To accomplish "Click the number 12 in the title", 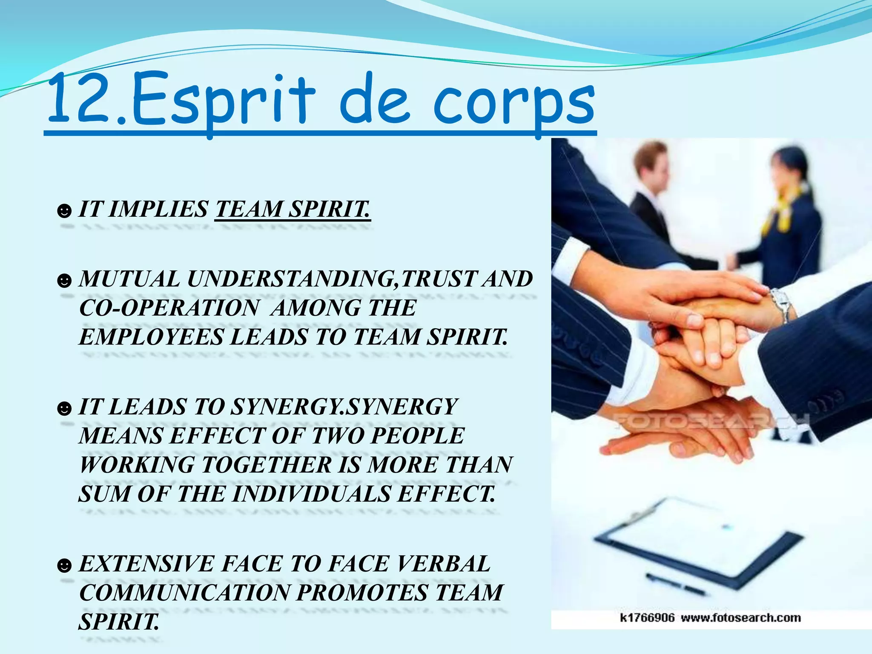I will pos(81,100).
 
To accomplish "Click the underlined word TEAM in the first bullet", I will pos(249,209).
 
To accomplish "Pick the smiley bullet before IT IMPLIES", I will pos(64,211).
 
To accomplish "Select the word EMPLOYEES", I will pos(151,337).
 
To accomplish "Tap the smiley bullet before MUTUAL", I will pos(64,281).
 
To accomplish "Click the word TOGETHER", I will pos(267,465).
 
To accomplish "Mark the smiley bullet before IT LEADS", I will pos(64,409).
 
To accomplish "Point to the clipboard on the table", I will pos(698,541).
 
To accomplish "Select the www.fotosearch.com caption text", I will pos(741,618).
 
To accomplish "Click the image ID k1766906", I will pos(647,618).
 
